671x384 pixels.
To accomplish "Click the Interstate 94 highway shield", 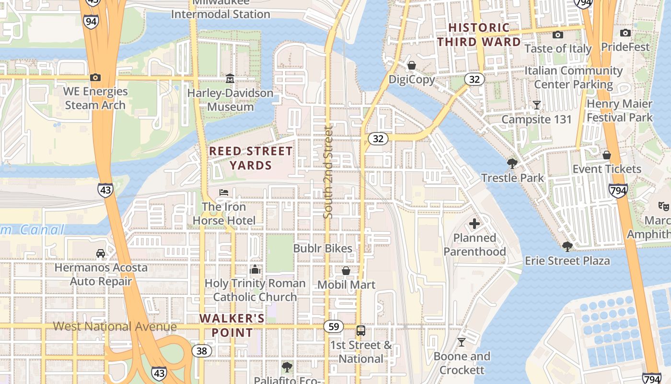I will pos(91,21).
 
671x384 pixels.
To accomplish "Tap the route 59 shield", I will pos(334,327).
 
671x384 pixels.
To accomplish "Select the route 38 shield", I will pos(202,351).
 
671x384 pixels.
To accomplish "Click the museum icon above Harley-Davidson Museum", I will pos(230,78).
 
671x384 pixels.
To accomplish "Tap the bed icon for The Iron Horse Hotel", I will pos(224,192).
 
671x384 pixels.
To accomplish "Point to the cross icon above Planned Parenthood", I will pos(474,224).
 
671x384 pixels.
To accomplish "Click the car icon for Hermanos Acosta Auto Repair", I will pos(101,253).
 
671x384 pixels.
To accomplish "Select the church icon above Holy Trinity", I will pos(255,269).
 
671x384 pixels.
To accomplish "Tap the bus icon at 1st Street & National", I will pos(361,331).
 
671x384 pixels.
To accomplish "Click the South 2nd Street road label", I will pos(328,172).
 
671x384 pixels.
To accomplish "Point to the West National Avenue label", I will pos(115,327).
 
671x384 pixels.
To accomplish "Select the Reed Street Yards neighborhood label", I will pos(251,158).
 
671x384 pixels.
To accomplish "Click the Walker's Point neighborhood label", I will pos(232,325).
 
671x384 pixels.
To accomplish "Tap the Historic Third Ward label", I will pos(479,35).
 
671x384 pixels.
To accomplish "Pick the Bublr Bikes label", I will pos(323,249).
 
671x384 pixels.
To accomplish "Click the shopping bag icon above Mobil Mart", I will pos(346,271).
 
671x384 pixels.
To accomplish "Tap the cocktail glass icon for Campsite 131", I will pos(537,105).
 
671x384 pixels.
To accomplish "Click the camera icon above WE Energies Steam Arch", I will pos(95,77).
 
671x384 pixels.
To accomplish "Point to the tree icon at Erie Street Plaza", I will pos(567,247).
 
